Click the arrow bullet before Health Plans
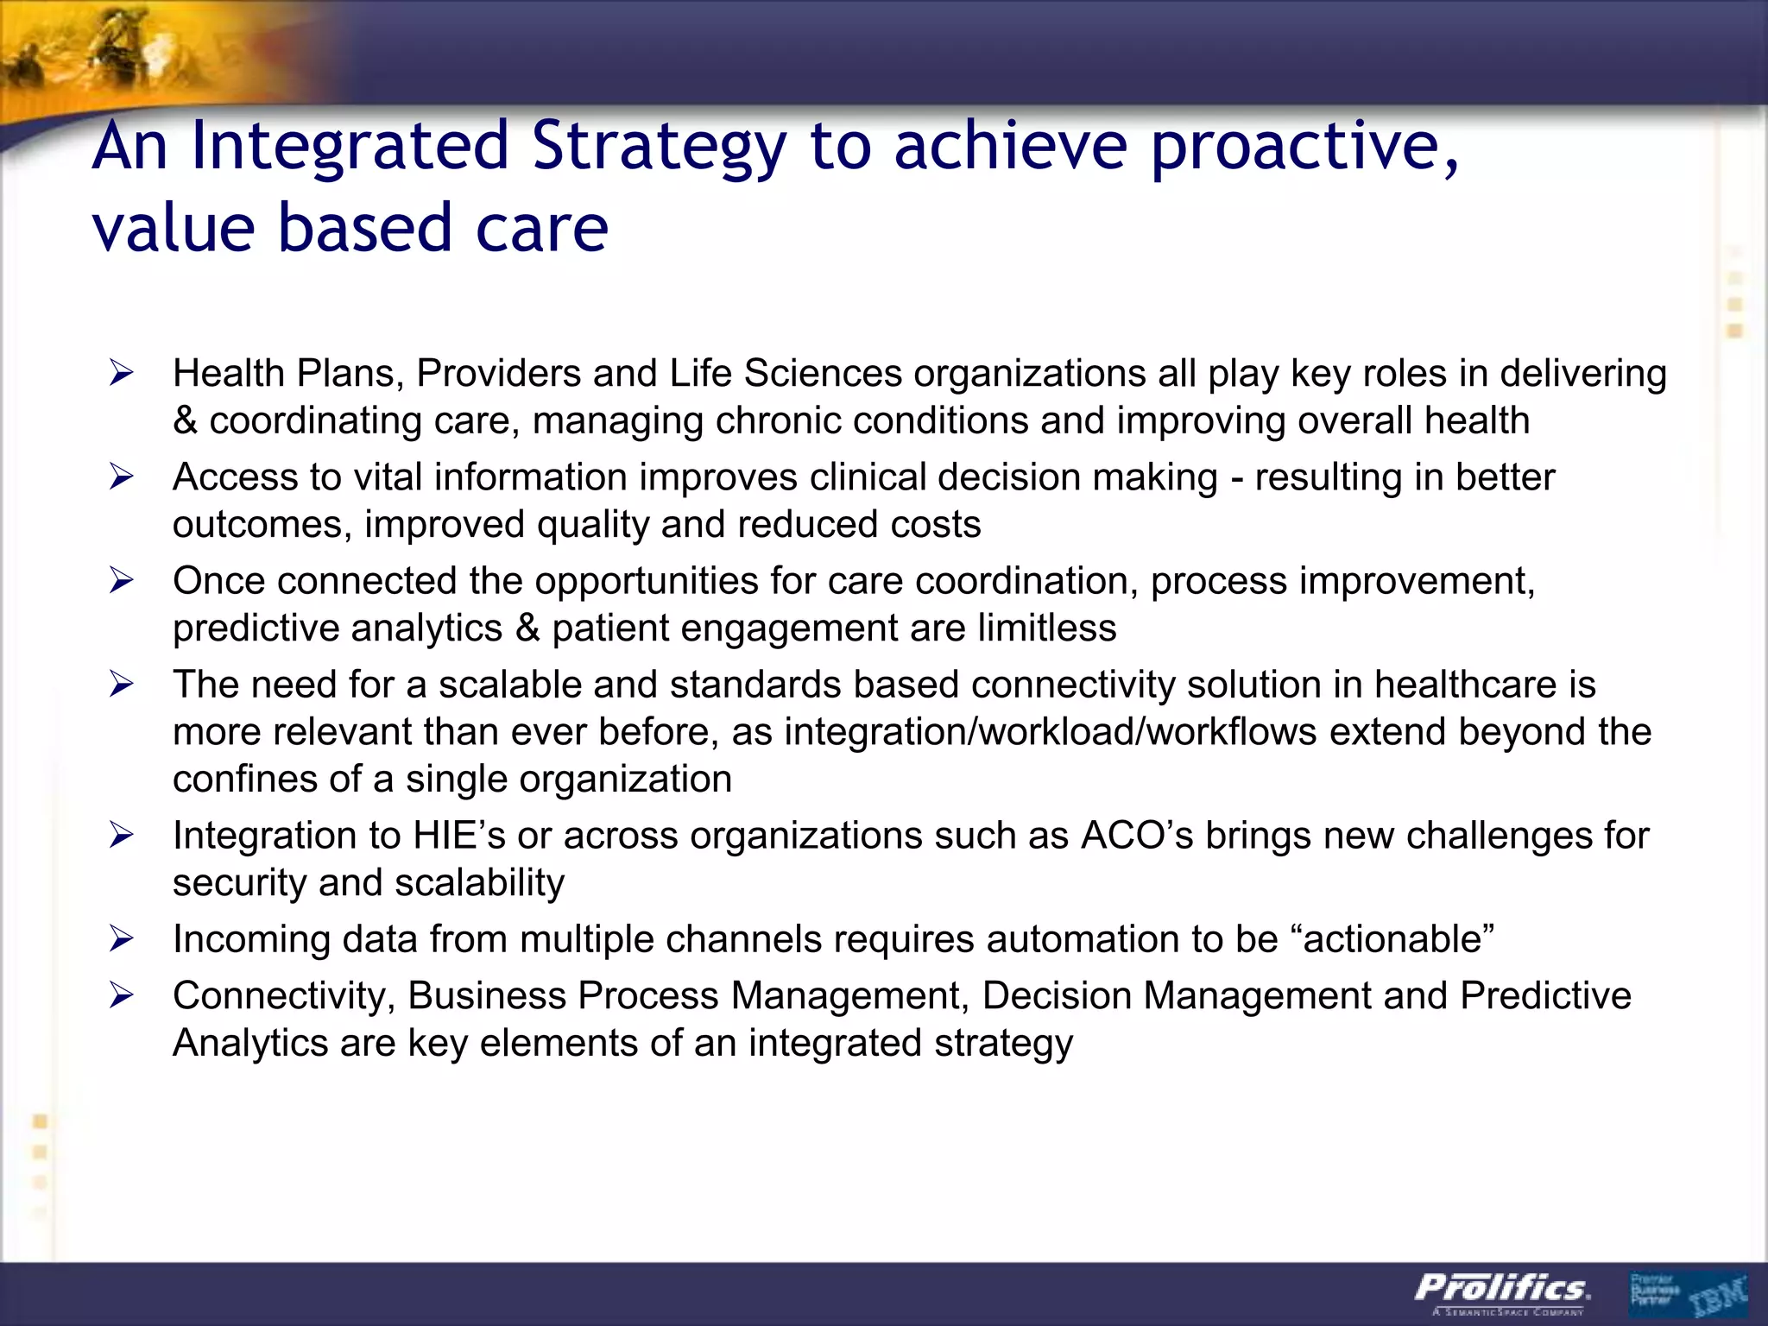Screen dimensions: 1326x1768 pos(122,374)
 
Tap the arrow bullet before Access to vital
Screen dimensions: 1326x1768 pos(122,477)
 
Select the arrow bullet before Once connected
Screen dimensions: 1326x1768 pos(122,581)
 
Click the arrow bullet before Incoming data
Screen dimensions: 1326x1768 pos(122,939)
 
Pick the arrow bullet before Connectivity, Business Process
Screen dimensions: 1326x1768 pos(122,996)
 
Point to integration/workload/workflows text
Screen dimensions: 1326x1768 pos(1050,732)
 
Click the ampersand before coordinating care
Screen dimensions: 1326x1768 pos(185,421)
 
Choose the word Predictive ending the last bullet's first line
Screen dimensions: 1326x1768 pos(1545,996)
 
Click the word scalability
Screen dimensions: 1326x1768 pos(479,883)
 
